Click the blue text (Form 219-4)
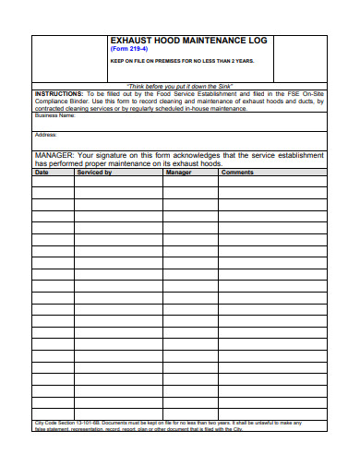(x=128, y=51)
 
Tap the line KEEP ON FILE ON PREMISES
(x=182, y=61)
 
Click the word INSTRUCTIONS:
(x=57, y=94)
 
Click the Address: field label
(x=46, y=135)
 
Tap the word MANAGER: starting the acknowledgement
(x=54, y=155)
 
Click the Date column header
(x=42, y=173)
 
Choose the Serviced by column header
(x=95, y=173)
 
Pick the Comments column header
(x=237, y=173)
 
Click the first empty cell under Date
(x=54, y=182)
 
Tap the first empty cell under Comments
(x=272, y=182)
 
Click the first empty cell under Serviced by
(x=118, y=182)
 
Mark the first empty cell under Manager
(x=190, y=182)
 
